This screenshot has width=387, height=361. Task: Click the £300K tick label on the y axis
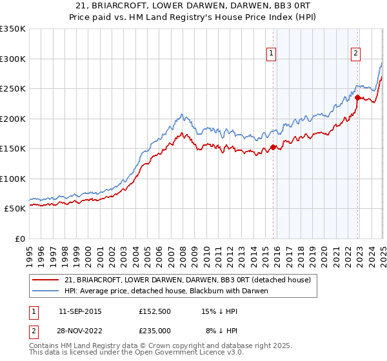click(13, 59)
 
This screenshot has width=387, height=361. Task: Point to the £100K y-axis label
click(13, 179)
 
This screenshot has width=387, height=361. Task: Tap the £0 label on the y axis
click(19, 239)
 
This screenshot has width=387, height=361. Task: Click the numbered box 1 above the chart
click(272, 54)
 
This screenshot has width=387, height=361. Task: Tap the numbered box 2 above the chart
click(355, 54)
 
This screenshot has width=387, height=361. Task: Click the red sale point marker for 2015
click(273, 147)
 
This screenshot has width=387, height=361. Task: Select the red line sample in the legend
click(46, 280)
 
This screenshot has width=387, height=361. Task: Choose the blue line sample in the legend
click(46, 291)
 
